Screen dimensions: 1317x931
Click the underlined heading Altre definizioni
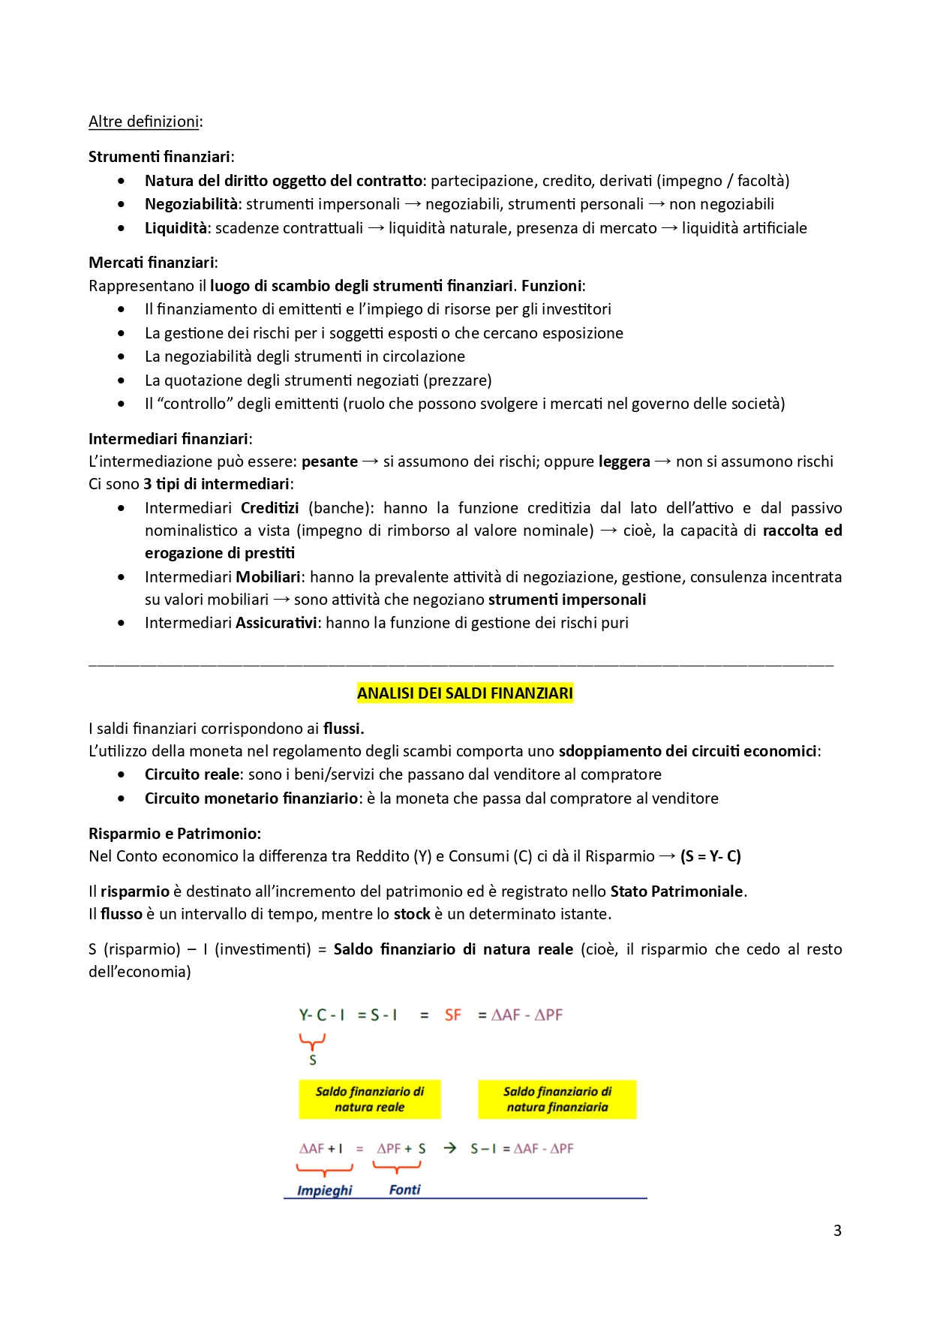pyautogui.click(x=143, y=122)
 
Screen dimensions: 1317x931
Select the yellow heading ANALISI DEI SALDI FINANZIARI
pyautogui.click(x=464, y=693)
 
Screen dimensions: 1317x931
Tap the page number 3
pyautogui.click(x=837, y=1231)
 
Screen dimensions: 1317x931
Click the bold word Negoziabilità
pyautogui.click(x=191, y=204)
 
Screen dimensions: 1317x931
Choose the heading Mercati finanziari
pyautogui.click(x=152, y=263)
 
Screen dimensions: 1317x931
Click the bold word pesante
pyautogui.click(x=329, y=462)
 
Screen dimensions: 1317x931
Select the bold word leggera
pyautogui.click(x=624, y=462)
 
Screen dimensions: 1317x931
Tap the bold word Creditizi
pyautogui.click(x=269, y=508)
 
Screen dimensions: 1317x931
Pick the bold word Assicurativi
pyautogui.click(x=276, y=623)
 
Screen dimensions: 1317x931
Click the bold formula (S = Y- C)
pyautogui.click(x=710, y=856)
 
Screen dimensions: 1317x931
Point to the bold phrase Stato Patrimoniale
pyautogui.click(x=677, y=892)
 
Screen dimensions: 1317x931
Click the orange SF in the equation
pyautogui.click(x=452, y=1015)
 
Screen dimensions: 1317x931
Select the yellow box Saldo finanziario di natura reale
pyautogui.click(x=369, y=1099)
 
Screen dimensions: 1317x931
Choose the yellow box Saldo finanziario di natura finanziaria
pyautogui.click(x=557, y=1099)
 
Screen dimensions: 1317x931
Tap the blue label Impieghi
pyautogui.click(x=324, y=1190)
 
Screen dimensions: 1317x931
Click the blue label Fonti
pyautogui.click(x=404, y=1189)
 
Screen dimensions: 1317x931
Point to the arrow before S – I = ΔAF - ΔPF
pyautogui.click(x=449, y=1148)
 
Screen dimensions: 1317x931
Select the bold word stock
pyautogui.click(x=412, y=914)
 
